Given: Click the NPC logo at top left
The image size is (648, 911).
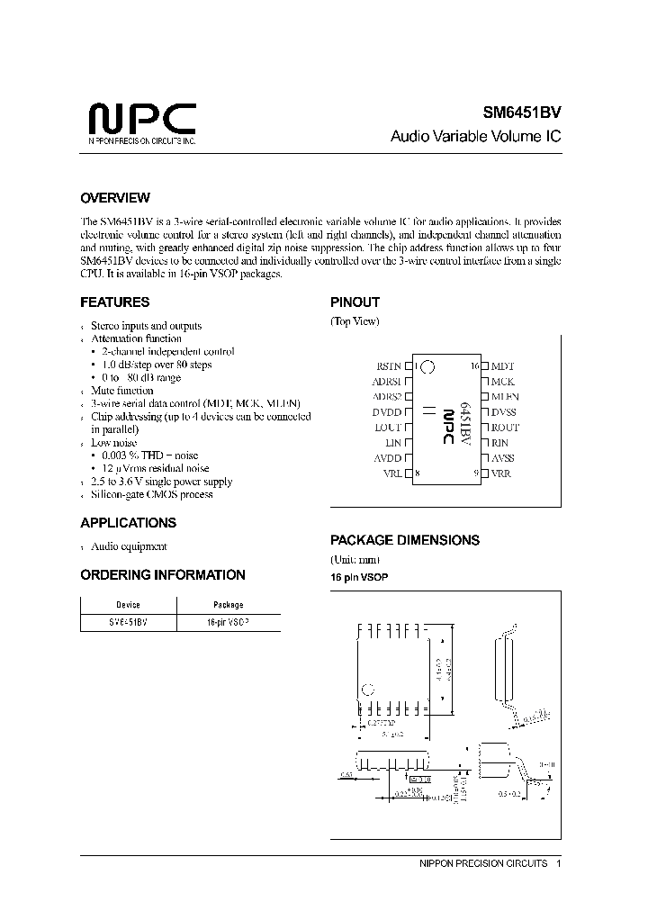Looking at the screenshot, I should (141, 121).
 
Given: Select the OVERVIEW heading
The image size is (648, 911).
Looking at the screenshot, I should (115, 198).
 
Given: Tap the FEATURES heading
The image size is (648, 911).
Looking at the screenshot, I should (114, 302).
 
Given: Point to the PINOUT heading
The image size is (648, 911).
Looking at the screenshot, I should (355, 302).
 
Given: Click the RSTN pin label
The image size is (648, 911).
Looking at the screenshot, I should (387, 366).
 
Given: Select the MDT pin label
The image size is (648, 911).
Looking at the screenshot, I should (502, 366).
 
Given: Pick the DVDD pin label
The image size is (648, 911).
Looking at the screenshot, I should (387, 412).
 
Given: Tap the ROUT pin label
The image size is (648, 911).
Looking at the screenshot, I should (505, 428).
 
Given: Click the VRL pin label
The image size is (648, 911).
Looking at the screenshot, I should (392, 474).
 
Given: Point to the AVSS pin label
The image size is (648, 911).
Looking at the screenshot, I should (503, 458).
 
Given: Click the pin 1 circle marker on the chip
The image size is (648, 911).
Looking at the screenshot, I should (427, 366).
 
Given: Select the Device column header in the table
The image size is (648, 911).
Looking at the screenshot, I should (129, 605).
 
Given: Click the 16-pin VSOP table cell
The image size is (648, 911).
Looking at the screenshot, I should (228, 622).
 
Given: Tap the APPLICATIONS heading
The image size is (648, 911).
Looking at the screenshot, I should (128, 523).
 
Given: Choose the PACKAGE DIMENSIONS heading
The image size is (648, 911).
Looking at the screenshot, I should (404, 540).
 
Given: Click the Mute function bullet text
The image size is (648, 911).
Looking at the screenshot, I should (121, 391).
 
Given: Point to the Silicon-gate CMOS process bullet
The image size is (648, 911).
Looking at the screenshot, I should (151, 494).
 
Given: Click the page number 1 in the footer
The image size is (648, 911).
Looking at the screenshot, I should (559, 863).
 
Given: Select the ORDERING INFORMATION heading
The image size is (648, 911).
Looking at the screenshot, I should (162, 575).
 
